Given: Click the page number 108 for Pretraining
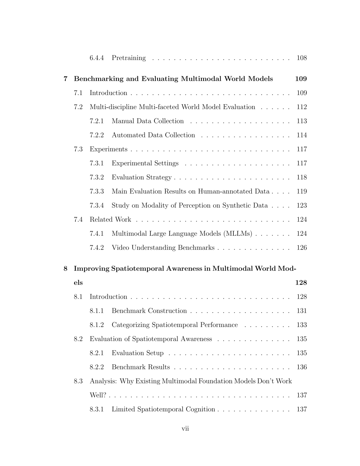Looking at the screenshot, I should pyautogui.click(x=302, y=58).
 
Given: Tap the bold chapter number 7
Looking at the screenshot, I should pyautogui.click(x=65, y=79).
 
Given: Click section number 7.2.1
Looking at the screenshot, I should pyautogui.click(x=97, y=121).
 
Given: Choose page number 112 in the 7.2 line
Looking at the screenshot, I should pyautogui.click(x=302, y=107).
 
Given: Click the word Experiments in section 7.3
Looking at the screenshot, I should pyautogui.click(x=108, y=149).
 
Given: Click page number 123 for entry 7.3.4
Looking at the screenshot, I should pyautogui.click(x=302, y=206).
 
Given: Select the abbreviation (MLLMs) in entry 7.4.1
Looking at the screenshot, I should pyautogui.click(x=240, y=234).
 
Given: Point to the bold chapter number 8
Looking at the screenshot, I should pyautogui.click(x=65, y=269).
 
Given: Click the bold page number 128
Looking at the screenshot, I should pyautogui.click(x=301, y=283).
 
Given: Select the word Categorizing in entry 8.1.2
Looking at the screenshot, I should pyautogui.click(x=130, y=325).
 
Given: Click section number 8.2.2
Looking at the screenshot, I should pyautogui.click(x=97, y=367).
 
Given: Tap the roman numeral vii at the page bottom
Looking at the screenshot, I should pyautogui.click(x=185, y=429).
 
